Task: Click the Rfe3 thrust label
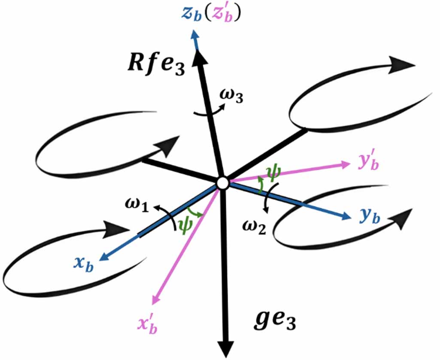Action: [x=156, y=66]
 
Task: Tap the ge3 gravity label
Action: [x=275, y=321]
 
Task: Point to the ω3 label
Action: [x=231, y=97]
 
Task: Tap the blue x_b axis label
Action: [x=83, y=265]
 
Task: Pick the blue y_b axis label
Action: [x=370, y=216]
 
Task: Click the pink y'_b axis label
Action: [x=368, y=162]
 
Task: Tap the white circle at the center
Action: [x=223, y=183]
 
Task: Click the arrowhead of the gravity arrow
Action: [x=226, y=349]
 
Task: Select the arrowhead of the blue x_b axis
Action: [x=105, y=256]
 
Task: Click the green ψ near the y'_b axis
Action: [x=273, y=172]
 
